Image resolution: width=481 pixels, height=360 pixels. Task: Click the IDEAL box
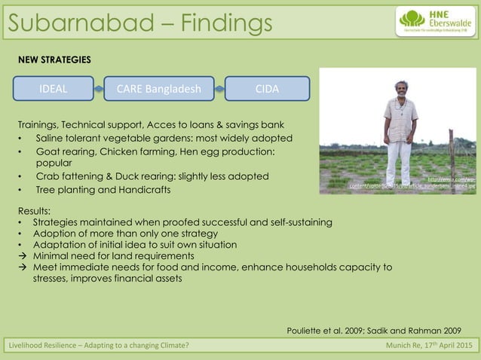coord(53,89)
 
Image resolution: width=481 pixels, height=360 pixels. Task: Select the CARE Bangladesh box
coord(158,89)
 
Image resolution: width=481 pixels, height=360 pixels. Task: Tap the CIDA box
coord(267,89)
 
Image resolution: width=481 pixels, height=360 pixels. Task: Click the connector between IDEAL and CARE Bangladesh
coord(99,89)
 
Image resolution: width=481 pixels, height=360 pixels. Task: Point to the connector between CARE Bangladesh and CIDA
coord(219,89)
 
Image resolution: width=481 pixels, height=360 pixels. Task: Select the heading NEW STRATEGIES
coord(54,59)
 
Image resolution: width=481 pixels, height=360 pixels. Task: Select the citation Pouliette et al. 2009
coord(329,330)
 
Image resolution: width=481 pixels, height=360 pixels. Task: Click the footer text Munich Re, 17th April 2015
coord(427,346)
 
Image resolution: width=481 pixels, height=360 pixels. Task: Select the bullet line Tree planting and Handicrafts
coord(103,190)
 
